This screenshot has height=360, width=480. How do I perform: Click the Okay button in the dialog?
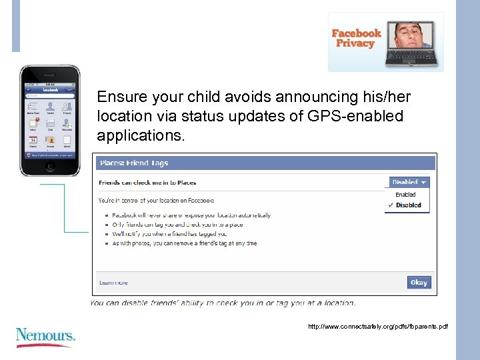coord(419,282)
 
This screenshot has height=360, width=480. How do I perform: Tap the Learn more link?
coord(113,283)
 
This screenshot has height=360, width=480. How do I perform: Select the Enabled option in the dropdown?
coord(405,195)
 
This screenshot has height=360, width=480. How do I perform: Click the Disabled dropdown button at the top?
coord(409,182)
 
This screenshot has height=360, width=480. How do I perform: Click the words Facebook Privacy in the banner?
coord(356,38)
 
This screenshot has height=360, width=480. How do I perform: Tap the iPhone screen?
coord(50,120)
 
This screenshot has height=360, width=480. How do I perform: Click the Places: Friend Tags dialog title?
coord(134,163)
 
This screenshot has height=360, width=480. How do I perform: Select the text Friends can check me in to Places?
coord(147,182)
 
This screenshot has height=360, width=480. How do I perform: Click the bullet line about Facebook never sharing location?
coord(191,215)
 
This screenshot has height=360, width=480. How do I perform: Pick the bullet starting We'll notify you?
coord(169,234)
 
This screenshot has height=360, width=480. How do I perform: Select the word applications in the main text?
coord(139,136)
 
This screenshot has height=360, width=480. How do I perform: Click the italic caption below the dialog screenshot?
coord(223,303)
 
